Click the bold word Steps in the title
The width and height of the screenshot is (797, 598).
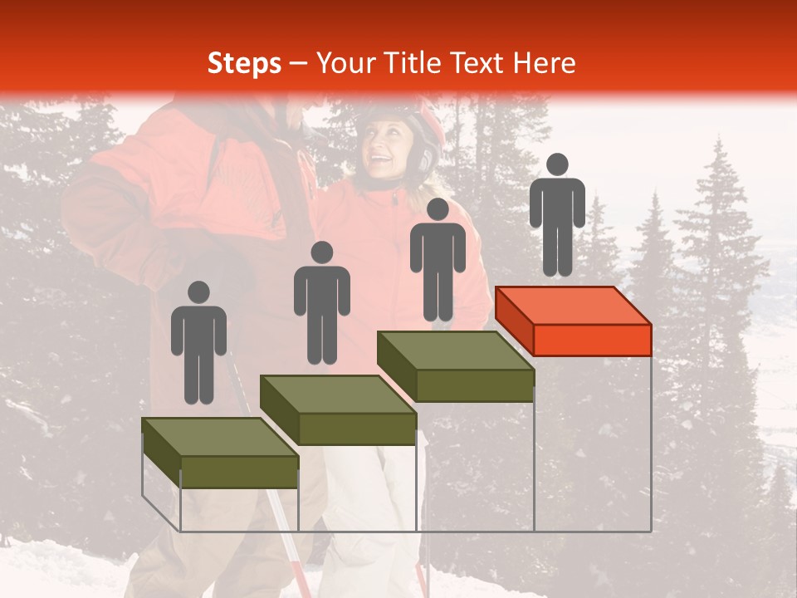244,63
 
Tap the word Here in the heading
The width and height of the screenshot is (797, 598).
544,63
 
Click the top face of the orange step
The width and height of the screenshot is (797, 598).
573,306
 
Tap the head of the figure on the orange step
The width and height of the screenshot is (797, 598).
557,164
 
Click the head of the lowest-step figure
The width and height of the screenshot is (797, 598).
198,292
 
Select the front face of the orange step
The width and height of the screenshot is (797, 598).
592,340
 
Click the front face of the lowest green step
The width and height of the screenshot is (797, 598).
239,472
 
